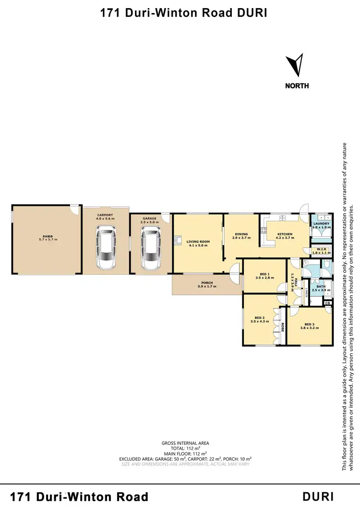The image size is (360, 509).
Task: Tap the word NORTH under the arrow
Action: click(x=297, y=86)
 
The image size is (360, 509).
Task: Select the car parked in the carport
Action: click(x=106, y=247)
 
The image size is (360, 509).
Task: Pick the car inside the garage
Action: click(x=150, y=247)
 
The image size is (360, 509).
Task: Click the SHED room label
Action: click(x=47, y=237)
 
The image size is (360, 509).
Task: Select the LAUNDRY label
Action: click(x=321, y=224)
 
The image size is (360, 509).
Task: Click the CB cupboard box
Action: click(x=327, y=303)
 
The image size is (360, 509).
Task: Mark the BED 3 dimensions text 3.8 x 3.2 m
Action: click(x=309, y=328)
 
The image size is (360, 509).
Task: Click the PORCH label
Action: click(x=207, y=283)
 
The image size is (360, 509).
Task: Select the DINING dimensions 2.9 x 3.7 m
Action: click(x=241, y=238)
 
